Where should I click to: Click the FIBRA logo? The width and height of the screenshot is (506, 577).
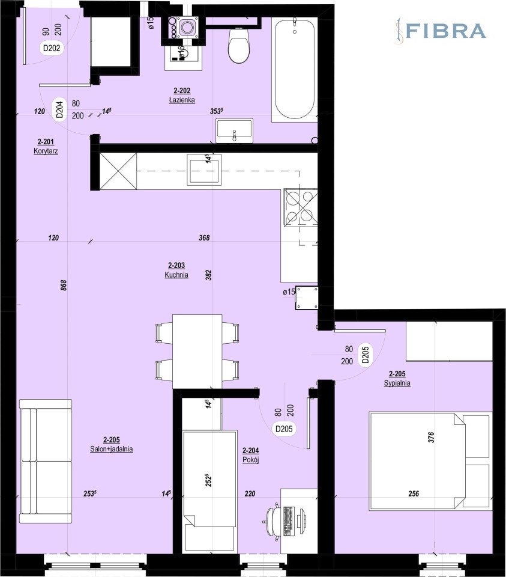click(x=440, y=31)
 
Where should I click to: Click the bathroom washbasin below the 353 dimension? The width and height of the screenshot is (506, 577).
click(x=235, y=130)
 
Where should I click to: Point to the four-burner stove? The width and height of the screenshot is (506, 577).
click(x=300, y=207)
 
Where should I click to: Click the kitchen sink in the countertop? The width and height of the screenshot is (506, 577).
click(x=204, y=169)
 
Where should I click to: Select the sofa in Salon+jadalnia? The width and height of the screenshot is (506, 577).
click(x=46, y=461)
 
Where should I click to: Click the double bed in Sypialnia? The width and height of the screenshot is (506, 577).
click(x=430, y=461)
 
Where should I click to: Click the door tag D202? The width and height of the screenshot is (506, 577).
click(x=52, y=48)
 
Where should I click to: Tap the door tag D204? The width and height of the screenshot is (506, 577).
click(x=60, y=109)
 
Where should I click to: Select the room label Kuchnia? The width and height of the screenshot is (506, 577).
click(x=176, y=275)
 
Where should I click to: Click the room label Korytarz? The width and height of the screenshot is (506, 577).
click(x=46, y=151)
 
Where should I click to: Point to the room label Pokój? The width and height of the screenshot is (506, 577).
click(x=251, y=460)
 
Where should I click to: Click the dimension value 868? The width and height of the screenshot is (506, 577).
click(x=64, y=285)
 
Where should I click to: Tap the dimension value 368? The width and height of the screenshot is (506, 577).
click(x=204, y=238)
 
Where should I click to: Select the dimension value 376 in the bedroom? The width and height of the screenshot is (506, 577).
click(x=431, y=437)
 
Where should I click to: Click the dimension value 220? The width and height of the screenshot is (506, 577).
click(x=250, y=494)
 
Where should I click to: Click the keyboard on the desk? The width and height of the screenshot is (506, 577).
click(x=289, y=521)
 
